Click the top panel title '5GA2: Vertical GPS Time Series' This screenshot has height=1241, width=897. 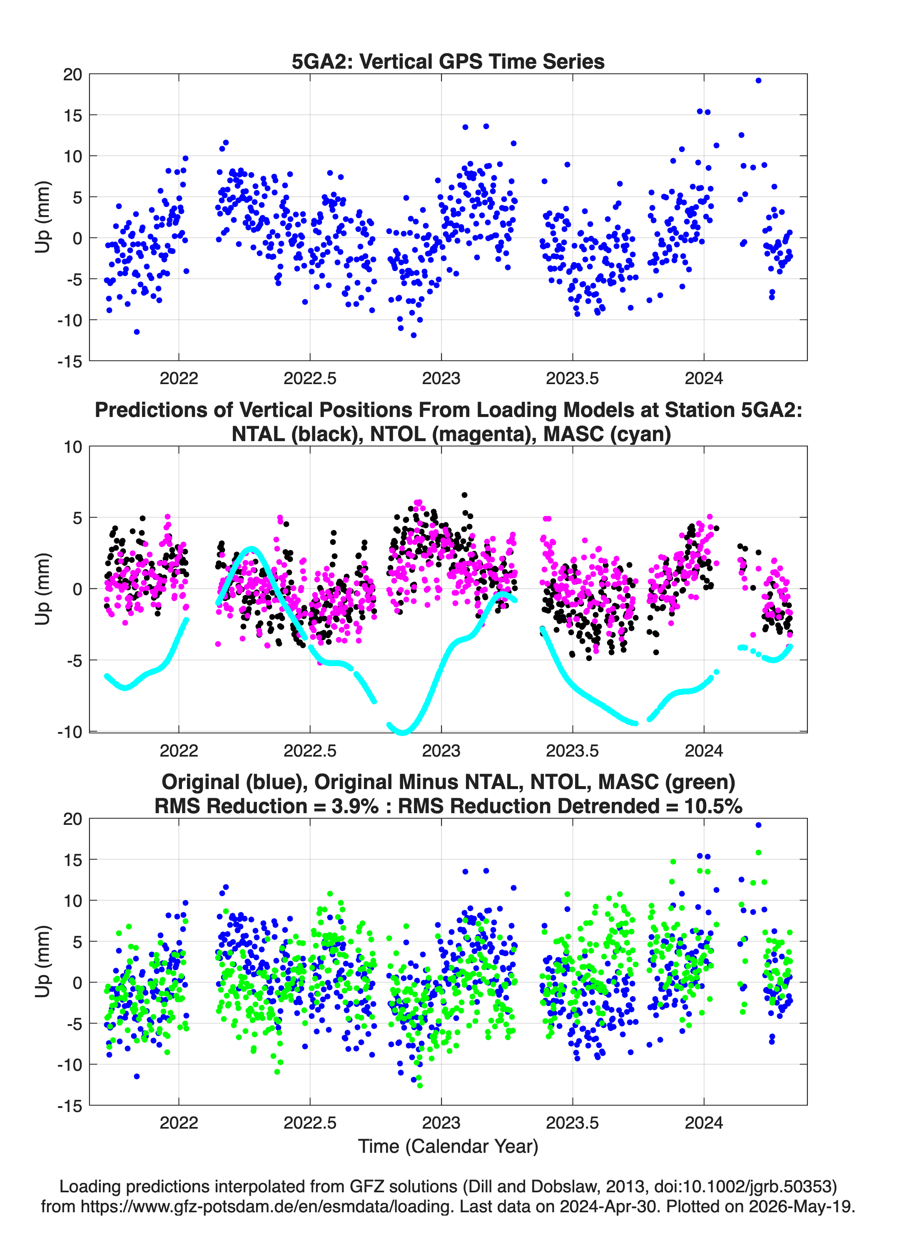(448, 61)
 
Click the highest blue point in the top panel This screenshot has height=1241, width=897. (758, 80)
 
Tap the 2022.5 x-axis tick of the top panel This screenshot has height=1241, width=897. (310, 378)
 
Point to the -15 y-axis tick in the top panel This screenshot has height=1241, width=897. (70, 361)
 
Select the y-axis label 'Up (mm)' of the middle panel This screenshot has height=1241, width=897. (43, 589)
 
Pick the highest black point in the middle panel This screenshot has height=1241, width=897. (464, 495)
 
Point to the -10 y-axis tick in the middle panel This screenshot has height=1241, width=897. (70, 732)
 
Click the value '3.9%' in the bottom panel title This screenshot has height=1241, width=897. (355, 806)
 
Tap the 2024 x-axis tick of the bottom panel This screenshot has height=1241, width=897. (704, 1123)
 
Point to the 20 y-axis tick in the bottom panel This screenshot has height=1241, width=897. (72, 819)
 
